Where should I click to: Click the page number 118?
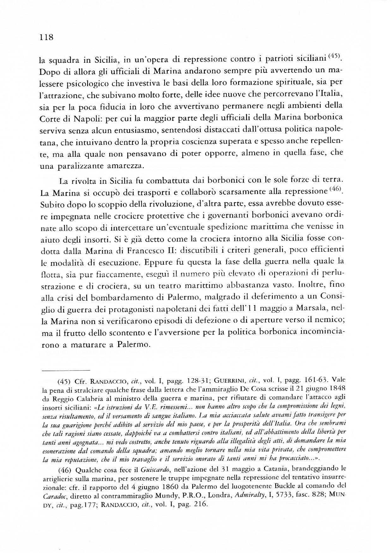click(46, 38)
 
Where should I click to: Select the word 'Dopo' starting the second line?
click(47, 72)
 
